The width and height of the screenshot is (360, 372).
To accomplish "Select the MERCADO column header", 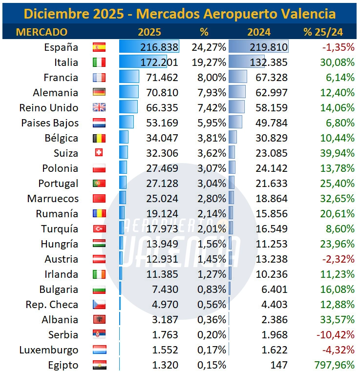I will (42, 32).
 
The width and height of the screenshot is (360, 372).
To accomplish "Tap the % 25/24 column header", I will (323, 32).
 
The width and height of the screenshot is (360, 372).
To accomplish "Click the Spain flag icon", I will (99, 47).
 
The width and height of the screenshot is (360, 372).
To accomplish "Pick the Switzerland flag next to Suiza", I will (99, 153).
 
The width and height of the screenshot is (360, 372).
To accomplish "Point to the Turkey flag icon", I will (99, 229).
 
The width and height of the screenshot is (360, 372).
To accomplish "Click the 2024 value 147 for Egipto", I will (278, 365).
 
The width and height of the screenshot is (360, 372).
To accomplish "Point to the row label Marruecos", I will (53, 199).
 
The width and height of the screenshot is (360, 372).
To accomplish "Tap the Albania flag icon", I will (99, 320).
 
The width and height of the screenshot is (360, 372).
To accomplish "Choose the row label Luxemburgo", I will (49, 350).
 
